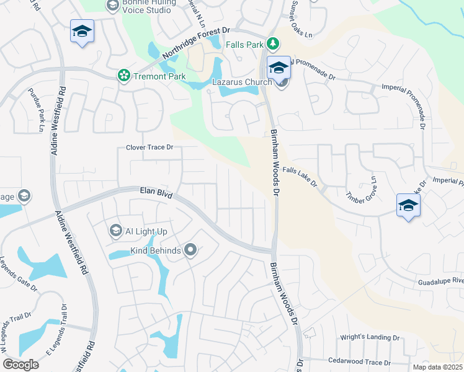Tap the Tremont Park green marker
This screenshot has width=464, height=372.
pos(124,76)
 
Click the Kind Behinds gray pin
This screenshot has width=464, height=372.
pos(190,250)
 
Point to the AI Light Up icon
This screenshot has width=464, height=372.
pos(115,231)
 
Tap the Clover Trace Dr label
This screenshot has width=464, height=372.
pos(149,148)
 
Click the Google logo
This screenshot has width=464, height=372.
pos(20,364)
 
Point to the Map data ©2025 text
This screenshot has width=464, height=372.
pos(437,367)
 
